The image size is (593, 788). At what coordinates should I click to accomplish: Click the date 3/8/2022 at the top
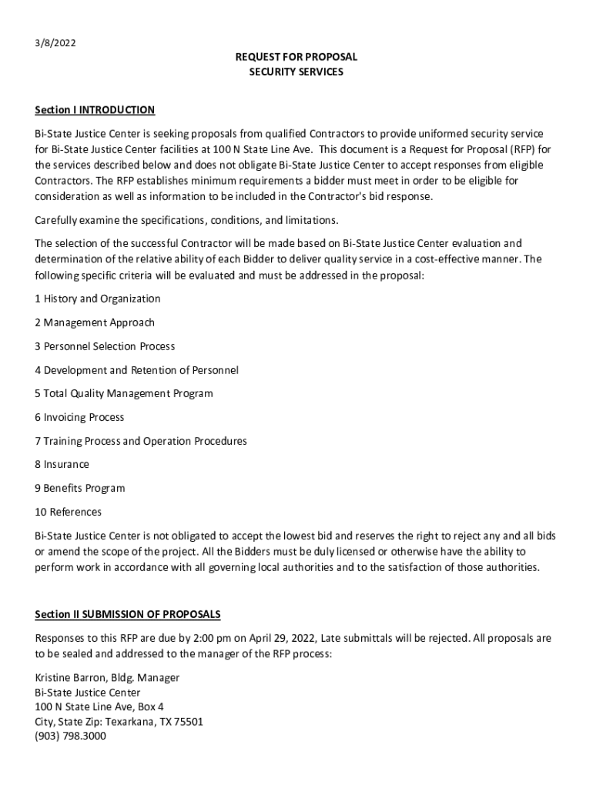(55, 43)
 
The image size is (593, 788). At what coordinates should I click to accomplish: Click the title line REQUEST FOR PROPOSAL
(296, 58)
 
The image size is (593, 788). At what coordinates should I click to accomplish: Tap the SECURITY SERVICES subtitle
(296, 72)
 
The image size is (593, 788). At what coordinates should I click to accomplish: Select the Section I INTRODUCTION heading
(95, 110)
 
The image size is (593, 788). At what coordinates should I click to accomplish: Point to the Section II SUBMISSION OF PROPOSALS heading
(128, 614)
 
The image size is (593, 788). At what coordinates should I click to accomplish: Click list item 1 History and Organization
(98, 299)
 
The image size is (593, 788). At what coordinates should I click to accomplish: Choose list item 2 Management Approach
(95, 322)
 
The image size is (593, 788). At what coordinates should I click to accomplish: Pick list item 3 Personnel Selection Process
(105, 346)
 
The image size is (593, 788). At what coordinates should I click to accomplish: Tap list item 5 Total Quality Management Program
(124, 393)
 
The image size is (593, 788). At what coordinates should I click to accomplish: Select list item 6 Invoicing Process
(79, 417)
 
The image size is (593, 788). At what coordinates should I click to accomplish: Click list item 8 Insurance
(62, 464)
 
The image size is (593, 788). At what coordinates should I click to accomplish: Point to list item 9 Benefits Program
(80, 488)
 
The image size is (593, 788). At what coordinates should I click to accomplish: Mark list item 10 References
(68, 512)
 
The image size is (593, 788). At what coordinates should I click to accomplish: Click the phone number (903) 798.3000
(70, 736)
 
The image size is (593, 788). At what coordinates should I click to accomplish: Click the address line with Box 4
(99, 706)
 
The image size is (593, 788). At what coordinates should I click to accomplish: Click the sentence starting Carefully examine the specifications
(186, 220)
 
